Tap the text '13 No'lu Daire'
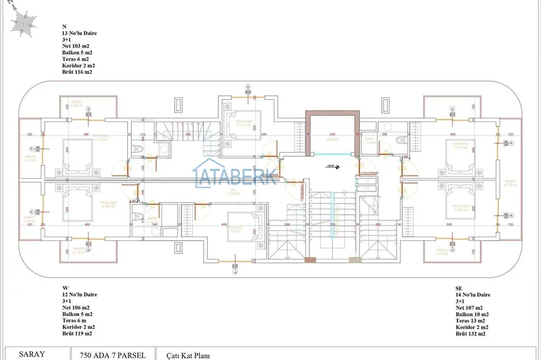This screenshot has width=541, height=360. (79, 32)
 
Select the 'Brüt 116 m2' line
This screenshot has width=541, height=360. (77, 72)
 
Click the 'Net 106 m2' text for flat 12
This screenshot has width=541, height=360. (76, 308)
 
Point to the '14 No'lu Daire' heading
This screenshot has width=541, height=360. (473, 295)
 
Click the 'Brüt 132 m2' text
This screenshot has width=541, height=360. (470, 333)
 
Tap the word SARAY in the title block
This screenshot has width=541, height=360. (32, 354)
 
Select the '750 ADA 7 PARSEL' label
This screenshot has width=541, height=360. (113, 355)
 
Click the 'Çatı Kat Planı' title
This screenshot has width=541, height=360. (188, 356)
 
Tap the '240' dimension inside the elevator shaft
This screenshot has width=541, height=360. (332, 135)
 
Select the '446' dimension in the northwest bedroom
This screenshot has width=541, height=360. (85, 135)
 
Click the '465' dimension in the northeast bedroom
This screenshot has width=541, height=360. (453, 135)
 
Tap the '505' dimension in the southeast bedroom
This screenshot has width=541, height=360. (449, 224)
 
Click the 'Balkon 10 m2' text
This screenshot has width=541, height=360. (472, 314)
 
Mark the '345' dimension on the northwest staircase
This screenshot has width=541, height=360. (188, 135)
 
